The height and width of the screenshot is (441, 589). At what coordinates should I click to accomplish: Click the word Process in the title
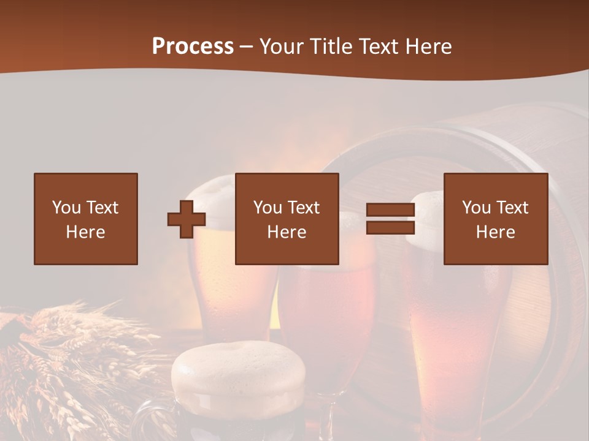193,47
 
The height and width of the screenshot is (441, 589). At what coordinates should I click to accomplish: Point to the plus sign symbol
187,219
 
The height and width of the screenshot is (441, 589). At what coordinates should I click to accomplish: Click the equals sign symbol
390,219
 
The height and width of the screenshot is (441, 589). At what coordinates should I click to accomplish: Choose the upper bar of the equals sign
390,210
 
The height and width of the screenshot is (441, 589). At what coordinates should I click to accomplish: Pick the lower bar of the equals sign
390,228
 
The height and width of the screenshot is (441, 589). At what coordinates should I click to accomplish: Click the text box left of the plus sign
86,219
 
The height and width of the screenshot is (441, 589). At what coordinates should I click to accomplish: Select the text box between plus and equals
287,219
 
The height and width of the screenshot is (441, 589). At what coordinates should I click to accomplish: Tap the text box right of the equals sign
496,219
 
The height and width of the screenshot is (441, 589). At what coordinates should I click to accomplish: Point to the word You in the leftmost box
66,208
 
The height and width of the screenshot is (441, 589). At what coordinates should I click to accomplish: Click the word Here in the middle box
287,232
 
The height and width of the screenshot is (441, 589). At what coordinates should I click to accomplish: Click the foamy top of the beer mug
238,367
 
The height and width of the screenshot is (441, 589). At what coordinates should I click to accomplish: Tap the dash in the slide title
246,47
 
